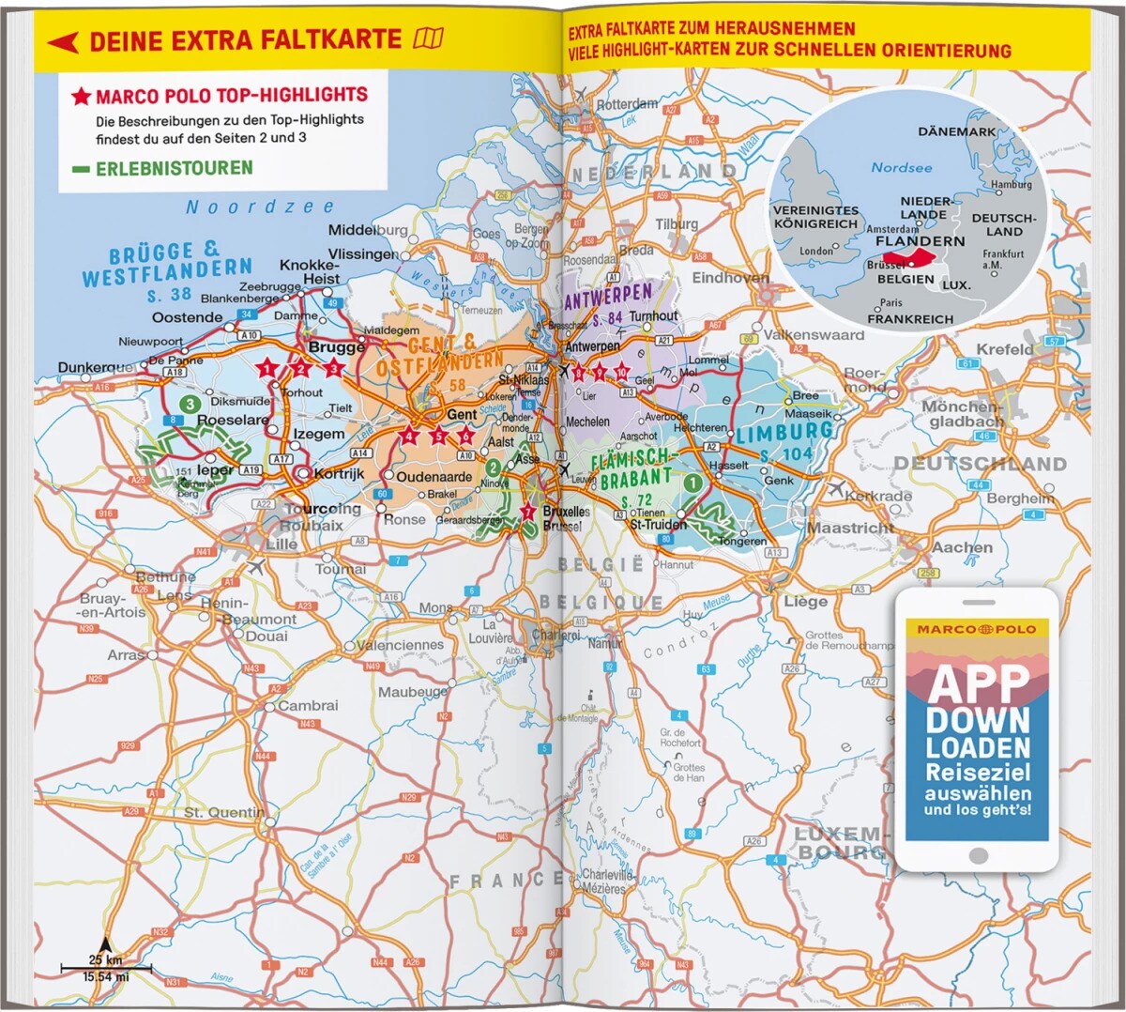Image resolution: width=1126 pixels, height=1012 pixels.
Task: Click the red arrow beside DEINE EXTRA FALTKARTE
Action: [x=63, y=41]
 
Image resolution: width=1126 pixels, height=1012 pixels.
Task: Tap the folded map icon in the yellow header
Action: [x=429, y=39]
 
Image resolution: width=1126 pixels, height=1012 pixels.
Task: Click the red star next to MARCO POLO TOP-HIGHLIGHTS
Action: [x=81, y=96]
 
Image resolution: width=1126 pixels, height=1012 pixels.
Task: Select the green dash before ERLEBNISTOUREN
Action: [x=82, y=169]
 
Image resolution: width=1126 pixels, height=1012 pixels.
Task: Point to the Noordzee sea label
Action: [x=260, y=207]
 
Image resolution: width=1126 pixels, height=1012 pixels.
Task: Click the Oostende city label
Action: [x=188, y=317]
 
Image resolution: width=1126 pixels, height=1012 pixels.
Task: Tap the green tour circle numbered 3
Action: [x=190, y=404]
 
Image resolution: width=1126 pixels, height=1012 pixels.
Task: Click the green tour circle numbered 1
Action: [x=692, y=483]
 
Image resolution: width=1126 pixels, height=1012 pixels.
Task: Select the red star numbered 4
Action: [x=409, y=436]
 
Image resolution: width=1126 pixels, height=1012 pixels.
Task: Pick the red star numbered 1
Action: [x=267, y=368]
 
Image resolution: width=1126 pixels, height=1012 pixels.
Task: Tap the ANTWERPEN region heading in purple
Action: [x=607, y=298]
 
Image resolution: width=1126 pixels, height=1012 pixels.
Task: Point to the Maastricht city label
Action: [x=850, y=528]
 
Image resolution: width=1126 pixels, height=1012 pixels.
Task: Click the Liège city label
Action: [x=805, y=601]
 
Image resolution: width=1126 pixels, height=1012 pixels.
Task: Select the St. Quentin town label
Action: [x=223, y=812]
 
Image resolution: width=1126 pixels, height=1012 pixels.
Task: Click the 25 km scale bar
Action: [x=105, y=967]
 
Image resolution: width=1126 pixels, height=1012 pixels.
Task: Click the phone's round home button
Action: [x=978, y=855]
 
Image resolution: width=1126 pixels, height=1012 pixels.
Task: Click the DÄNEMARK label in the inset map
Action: [x=956, y=131]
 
